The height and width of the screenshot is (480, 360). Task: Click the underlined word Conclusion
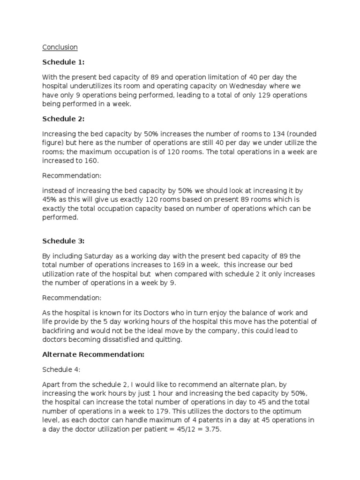[x=60, y=47]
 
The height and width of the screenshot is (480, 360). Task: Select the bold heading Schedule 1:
[x=61, y=62]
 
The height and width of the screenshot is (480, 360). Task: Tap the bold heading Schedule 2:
[x=61, y=119]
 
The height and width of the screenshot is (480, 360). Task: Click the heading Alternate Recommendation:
[x=93, y=355]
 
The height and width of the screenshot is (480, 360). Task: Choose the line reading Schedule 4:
[x=59, y=370]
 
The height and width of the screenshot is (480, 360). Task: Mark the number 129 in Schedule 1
[x=252, y=95]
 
